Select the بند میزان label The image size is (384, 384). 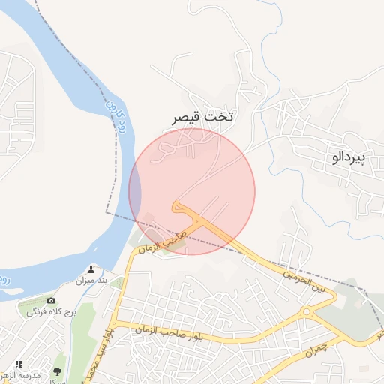91,280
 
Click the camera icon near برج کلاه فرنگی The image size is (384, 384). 52,300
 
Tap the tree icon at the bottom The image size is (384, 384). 57,371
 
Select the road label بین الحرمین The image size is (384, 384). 304,281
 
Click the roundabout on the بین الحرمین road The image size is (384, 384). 306,310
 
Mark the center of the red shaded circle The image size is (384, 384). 192,191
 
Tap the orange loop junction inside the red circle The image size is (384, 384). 180,206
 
